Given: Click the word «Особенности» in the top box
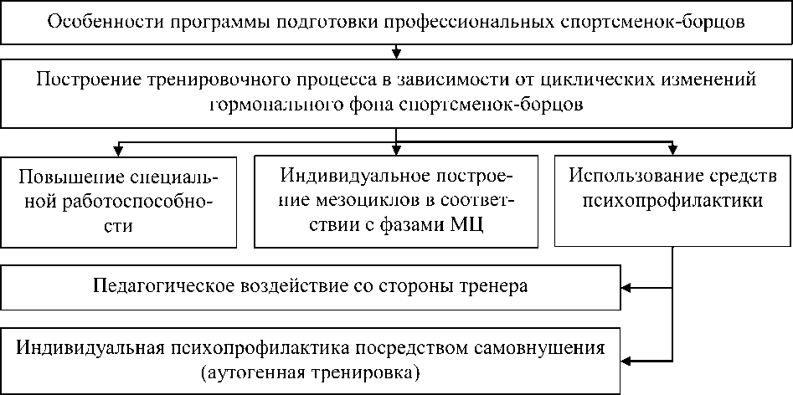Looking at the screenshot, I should pyautogui.click(x=97, y=23).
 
